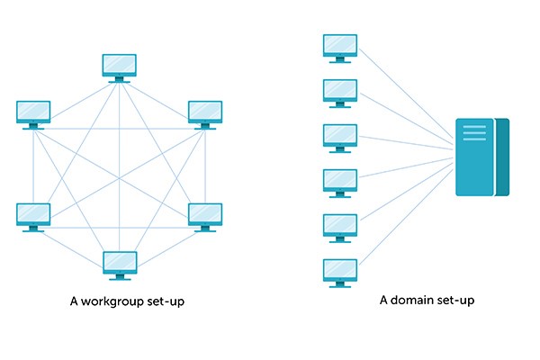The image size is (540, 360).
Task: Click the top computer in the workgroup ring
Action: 119,66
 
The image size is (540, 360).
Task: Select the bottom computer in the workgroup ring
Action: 119,262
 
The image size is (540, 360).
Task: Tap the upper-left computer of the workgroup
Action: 33,112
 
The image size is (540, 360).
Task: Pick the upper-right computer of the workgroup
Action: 204,112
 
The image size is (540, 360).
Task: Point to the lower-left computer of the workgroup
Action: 33,214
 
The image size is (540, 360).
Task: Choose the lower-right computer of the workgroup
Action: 204,214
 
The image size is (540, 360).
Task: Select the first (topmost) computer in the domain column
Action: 340,45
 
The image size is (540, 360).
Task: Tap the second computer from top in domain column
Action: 340,90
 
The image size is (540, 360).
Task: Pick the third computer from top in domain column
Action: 340,135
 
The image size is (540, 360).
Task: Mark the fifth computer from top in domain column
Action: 340,225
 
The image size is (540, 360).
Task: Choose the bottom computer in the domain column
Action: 340,270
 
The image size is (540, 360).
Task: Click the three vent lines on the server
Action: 474,133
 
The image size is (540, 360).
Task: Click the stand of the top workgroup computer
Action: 119,79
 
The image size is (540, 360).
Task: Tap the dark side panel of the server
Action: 502,157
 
